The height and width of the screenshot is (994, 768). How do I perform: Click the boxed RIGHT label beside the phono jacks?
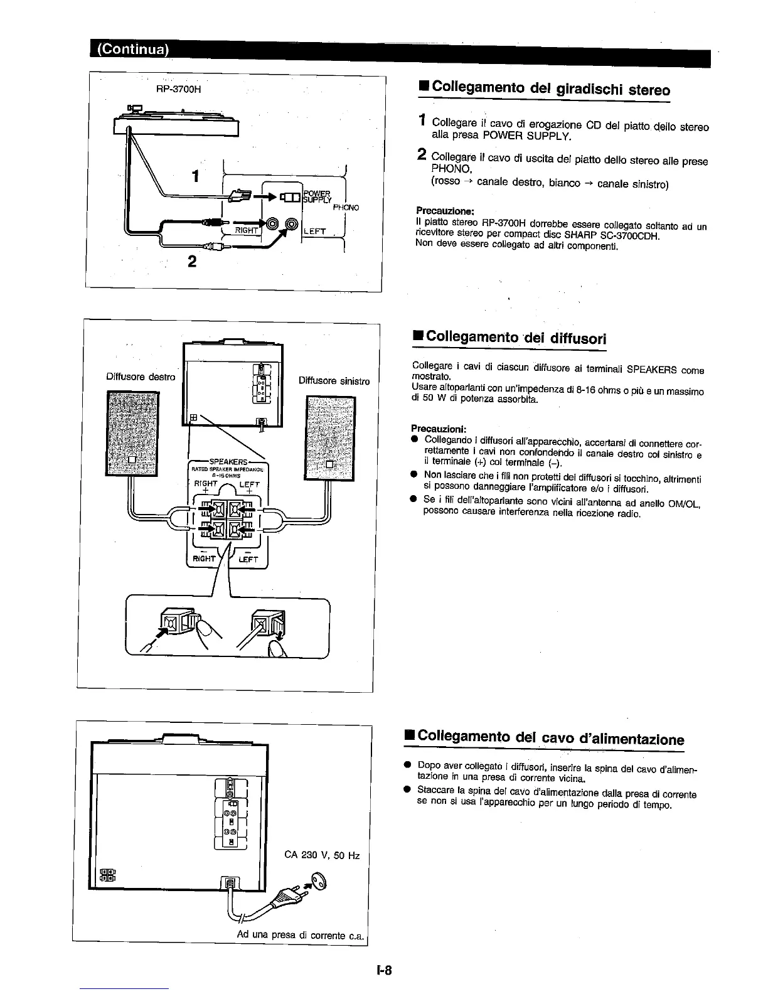tap(247, 230)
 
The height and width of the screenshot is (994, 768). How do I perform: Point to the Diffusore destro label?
tap(141, 377)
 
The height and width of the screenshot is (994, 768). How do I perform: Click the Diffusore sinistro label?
tap(334, 380)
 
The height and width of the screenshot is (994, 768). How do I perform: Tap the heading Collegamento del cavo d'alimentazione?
tap(544, 738)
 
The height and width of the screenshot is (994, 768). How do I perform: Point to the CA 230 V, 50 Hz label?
tap(322, 855)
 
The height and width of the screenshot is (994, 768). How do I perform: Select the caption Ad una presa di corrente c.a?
tap(301, 935)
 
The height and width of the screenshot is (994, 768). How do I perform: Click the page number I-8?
tap(384, 970)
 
